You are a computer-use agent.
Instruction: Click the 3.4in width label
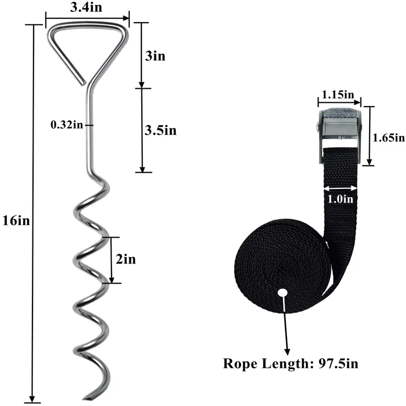87,9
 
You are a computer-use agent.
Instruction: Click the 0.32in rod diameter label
67,125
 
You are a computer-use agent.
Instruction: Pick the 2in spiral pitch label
126,259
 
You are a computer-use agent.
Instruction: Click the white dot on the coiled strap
282,293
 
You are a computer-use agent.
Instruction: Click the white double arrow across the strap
340,188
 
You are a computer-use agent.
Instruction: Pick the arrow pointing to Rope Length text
286,325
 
